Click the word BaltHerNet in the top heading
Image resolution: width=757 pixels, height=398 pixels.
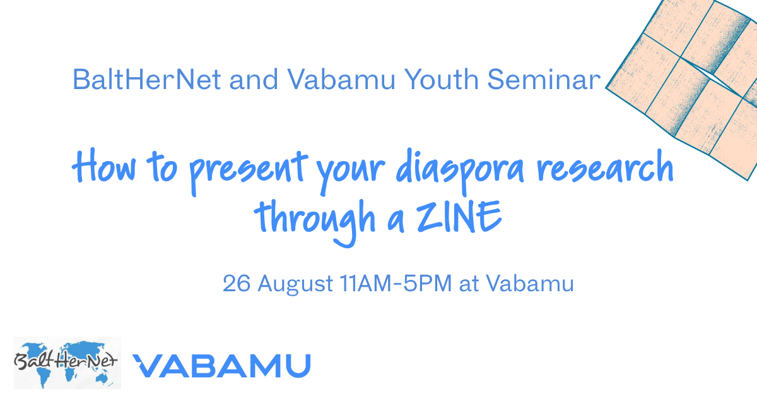pyautogui.click(x=147, y=80)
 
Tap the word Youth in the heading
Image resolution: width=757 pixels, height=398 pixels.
pyautogui.click(x=442, y=80)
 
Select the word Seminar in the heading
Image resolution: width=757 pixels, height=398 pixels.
pyautogui.click(x=544, y=80)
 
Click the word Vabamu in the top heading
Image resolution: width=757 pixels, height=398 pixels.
pyautogui.click(x=341, y=80)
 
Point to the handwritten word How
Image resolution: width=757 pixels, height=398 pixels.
pyautogui.click(x=105, y=167)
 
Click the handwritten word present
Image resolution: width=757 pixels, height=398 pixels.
pyautogui.click(x=249, y=172)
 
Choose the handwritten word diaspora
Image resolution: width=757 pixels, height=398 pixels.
pyautogui.click(x=460, y=172)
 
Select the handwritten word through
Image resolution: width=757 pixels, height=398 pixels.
pyautogui.click(x=315, y=222)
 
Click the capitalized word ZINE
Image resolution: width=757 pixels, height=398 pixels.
pyautogui.click(x=459, y=217)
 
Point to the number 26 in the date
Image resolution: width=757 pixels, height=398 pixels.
pyautogui.click(x=237, y=283)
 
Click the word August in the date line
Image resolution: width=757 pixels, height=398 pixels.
pyautogui.click(x=295, y=284)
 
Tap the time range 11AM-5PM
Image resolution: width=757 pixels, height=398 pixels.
pyautogui.click(x=396, y=283)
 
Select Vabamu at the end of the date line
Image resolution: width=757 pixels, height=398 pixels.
pyautogui.click(x=530, y=283)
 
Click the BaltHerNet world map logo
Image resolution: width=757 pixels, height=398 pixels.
pyautogui.click(x=67, y=363)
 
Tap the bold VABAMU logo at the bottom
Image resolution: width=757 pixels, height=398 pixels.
pyautogui.click(x=221, y=366)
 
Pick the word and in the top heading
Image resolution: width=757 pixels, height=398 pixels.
pyautogui.click(x=254, y=80)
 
